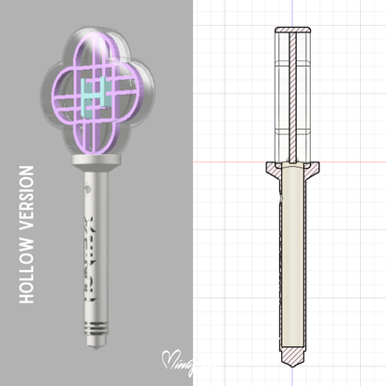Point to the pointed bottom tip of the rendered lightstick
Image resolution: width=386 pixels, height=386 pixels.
click(x=96, y=349)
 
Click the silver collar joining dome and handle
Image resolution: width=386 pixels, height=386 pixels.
click(x=95, y=170)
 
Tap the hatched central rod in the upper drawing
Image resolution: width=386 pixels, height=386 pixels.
click(x=293, y=93)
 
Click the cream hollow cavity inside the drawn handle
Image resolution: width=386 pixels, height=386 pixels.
click(x=292, y=260)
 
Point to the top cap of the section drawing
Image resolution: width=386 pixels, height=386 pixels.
click(x=293, y=33)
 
